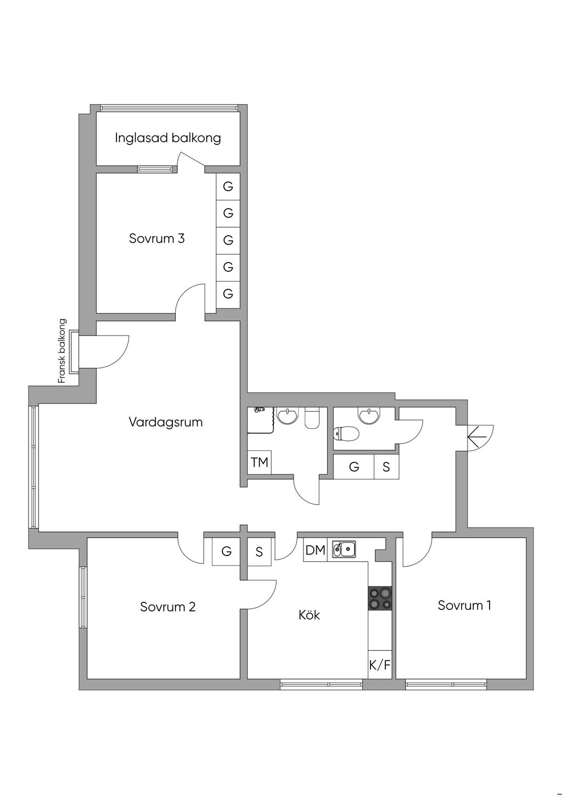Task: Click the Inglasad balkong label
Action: click(x=168, y=138)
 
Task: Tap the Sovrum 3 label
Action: click(x=156, y=238)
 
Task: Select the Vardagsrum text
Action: click(x=166, y=422)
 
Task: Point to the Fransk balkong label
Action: click(x=62, y=351)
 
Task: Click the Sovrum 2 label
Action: click(x=167, y=607)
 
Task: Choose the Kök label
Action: click(x=309, y=614)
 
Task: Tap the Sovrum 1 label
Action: click(x=464, y=605)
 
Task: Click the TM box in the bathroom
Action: click(x=260, y=462)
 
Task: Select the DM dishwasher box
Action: click(x=316, y=550)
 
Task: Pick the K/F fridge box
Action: click(x=380, y=665)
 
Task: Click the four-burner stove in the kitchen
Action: click(x=380, y=598)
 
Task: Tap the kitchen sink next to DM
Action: click(x=344, y=548)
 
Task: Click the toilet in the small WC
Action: click(x=346, y=434)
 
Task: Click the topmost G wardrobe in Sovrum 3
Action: click(x=228, y=187)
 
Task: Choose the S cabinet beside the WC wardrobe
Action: click(x=386, y=467)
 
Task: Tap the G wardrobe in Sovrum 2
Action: click(x=227, y=551)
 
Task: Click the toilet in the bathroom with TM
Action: click(x=312, y=418)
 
